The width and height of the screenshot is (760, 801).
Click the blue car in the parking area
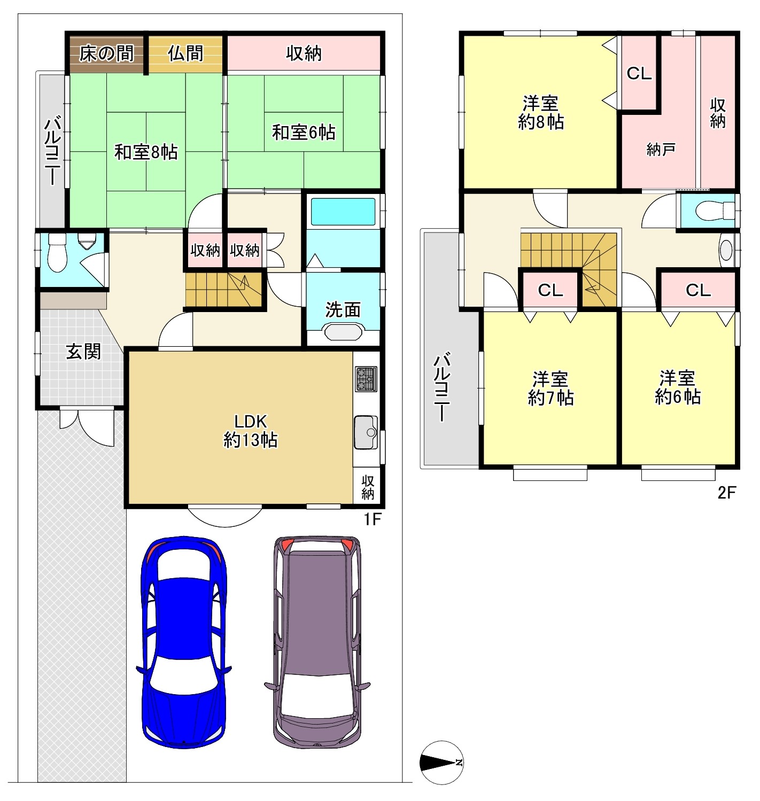coord(183,642)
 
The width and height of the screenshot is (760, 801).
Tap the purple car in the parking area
coord(317,642)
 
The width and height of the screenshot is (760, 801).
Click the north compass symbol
coord(442,763)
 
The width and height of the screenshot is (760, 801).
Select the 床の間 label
coord(106,53)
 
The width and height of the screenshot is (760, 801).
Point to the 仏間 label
coord(185,53)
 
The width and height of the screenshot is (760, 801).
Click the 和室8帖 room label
coord(146,152)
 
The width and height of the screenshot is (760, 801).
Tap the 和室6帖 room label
coord(304,133)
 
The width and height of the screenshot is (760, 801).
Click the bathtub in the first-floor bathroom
coord(343,212)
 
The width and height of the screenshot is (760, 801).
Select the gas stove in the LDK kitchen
coord(366,379)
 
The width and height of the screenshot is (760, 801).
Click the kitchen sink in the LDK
coord(366,432)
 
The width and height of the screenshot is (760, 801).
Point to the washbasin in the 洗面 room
coord(343,331)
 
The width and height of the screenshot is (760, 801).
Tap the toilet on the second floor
coord(715,211)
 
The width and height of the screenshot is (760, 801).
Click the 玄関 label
coord(83,352)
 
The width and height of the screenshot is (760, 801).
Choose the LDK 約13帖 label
coord(250,431)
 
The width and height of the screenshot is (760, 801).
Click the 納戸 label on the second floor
coord(661,150)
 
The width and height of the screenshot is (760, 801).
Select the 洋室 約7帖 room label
coord(550,388)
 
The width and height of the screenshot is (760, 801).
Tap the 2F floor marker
coord(726,493)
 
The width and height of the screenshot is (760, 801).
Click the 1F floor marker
coord(372,519)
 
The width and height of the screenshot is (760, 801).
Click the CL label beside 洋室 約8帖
coord(639,74)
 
